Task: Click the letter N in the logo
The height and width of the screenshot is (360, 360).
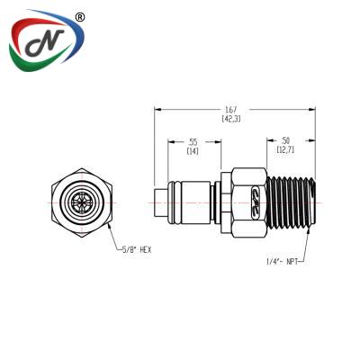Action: (45, 42)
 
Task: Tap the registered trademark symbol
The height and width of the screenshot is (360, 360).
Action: (79, 18)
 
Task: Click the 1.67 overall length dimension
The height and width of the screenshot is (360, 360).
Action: (231, 110)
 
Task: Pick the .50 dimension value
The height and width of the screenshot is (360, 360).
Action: (286, 140)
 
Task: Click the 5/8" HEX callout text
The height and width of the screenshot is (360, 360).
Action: (136, 249)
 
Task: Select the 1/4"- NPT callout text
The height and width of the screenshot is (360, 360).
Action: (282, 262)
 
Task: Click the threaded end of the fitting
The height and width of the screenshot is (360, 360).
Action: (291, 203)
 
